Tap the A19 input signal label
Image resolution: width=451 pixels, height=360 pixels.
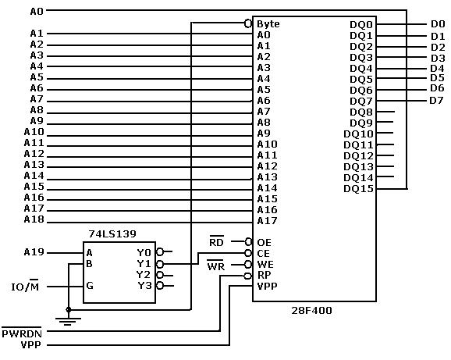(34, 252)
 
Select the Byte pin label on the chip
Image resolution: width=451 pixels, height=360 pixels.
(268, 23)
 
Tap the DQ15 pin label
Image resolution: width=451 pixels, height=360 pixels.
(358, 188)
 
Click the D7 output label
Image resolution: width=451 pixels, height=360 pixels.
(437, 100)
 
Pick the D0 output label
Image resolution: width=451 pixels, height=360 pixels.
(437, 24)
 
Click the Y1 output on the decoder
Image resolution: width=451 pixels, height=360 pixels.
(144, 264)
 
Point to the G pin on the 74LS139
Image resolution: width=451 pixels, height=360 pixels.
(90, 286)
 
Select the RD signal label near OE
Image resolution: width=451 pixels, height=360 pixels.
(216, 242)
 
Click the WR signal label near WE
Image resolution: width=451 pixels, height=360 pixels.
(216, 265)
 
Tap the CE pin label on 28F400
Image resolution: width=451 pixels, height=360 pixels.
(264, 254)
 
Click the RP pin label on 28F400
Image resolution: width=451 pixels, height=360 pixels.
(264, 276)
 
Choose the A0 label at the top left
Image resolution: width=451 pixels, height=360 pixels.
(37, 12)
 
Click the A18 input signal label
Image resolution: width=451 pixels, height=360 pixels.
(34, 219)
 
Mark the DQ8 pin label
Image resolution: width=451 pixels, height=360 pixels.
(361, 112)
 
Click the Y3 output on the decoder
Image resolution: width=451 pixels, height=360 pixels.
(144, 286)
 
